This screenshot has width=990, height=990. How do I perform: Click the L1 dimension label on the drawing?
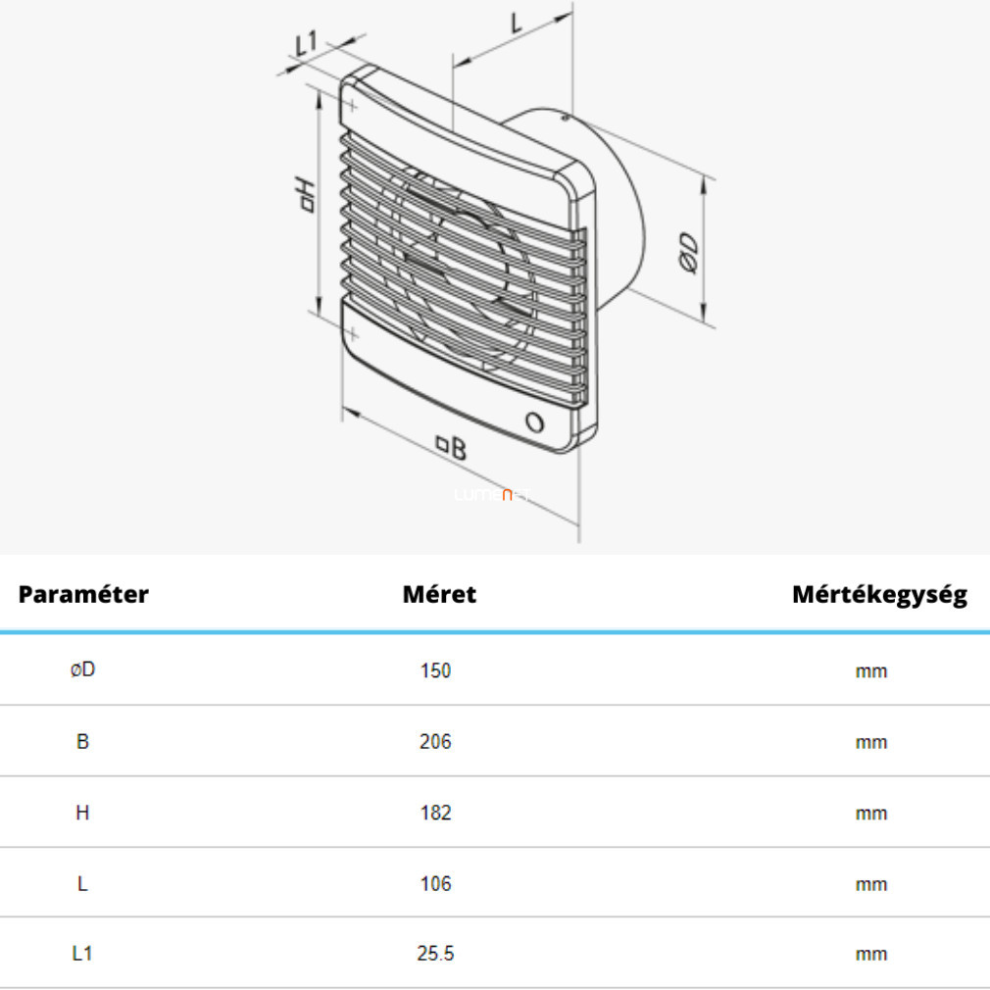coord(307,43)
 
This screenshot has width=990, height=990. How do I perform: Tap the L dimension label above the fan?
coord(517,23)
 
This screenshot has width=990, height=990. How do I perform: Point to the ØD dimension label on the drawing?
coord(689,253)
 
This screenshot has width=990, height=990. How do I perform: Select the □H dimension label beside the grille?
coord(306,195)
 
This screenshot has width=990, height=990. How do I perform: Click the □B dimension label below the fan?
coord(452,447)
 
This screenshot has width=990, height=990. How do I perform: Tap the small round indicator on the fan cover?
coord(535,421)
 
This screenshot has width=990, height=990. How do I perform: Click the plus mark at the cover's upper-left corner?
coord(352,106)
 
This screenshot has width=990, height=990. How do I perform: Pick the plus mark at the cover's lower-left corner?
coord(352,334)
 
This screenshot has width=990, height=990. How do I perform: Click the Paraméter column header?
coord(83,594)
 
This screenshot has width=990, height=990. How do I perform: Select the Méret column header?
coord(439,594)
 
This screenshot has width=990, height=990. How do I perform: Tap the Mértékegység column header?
coord(879,595)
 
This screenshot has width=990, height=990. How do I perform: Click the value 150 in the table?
coord(435,670)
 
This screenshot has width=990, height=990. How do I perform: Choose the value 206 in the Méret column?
coord(435,741)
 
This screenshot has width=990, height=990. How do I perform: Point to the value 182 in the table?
coord(435,813)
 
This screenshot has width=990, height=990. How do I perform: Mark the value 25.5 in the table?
coord(435,954)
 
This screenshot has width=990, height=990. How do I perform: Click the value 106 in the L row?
coord(435,883)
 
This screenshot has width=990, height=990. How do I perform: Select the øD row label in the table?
coord(82,669)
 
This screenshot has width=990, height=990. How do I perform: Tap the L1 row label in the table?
coord(82,954)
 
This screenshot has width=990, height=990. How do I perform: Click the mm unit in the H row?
coord(871,814)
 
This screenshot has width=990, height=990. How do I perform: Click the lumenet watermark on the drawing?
coord(492,495)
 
